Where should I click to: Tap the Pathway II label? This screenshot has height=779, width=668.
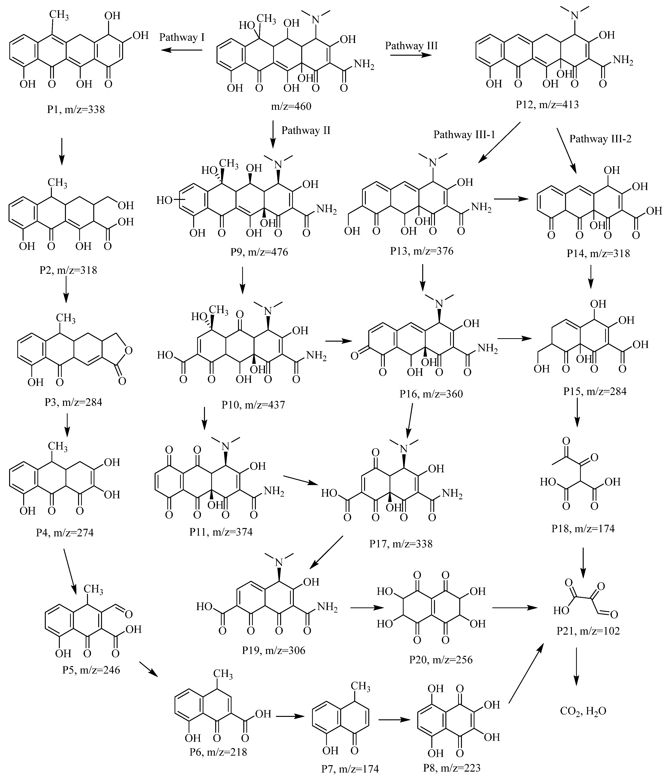tap(306, 131)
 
